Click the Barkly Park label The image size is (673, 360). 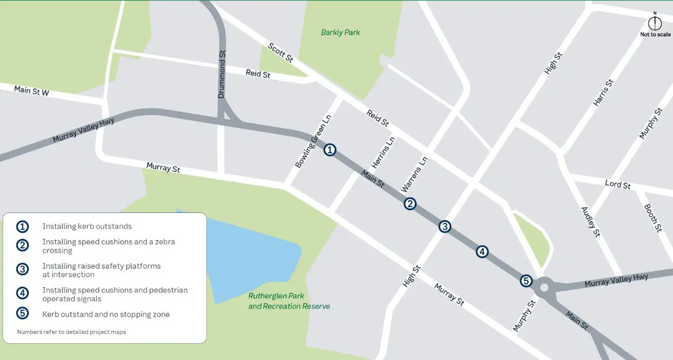click(340, 32)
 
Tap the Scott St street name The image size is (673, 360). click(281, 53)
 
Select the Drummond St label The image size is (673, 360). click(222, 74)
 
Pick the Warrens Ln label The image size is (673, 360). click(414, 174)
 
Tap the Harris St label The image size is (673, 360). click(603, 93)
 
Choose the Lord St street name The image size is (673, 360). click(617, 185)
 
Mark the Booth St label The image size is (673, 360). click(653, 217)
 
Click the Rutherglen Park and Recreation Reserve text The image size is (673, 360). click(289, 301)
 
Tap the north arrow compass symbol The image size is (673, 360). click(655, 23)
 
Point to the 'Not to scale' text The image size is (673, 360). click(655, 35)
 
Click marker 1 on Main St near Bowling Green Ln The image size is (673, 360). click(329, 150)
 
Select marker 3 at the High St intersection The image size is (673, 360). click(444, 226)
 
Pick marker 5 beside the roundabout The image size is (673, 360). click(525, 281)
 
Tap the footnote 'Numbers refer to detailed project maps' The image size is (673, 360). click(71, 332)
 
